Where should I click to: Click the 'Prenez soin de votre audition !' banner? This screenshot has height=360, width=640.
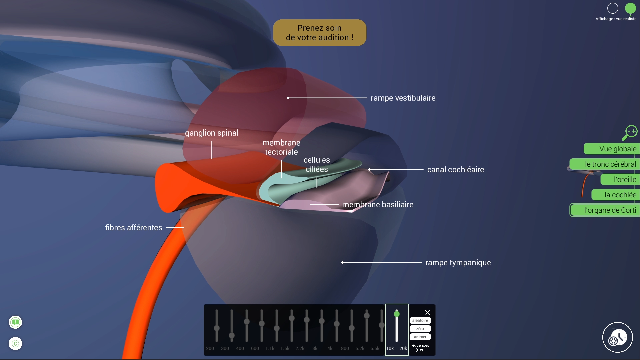[319, 33]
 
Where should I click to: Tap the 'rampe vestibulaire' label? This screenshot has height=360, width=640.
[403, 98]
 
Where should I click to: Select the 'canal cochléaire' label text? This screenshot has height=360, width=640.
[455, 170]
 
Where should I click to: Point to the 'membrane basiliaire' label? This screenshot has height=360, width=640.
[377, 205]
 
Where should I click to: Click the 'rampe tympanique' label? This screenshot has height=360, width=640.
[458, 263]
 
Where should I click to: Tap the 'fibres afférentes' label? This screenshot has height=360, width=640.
[134, 228]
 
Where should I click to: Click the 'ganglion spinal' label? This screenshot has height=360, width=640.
[211, 133]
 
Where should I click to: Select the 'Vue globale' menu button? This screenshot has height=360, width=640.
[617, 149]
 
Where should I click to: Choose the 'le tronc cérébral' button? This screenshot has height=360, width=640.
[610, 164]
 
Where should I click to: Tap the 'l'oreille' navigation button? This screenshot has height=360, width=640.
[624, 180]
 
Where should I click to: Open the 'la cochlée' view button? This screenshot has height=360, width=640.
[620, 195]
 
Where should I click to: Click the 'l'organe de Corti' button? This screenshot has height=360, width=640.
[610, 210]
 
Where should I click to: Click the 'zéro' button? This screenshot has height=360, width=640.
[420, 329]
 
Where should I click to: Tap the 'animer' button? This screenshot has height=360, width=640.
[420, 337]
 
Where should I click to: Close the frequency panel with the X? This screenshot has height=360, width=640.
[428, 312]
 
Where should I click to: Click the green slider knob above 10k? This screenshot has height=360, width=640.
[397, 314]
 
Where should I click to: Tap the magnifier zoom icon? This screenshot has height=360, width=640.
[629, 133]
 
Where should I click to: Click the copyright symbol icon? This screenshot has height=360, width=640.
[15, 344]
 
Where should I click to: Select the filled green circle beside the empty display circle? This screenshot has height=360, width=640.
[630, 8]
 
